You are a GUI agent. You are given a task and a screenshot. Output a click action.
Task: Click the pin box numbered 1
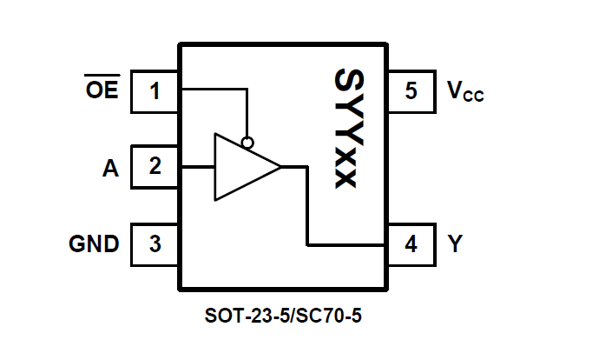(155, 91)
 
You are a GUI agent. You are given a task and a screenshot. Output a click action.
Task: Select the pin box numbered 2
(155, 167)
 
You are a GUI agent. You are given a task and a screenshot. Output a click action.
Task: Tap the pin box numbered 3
(155, 243)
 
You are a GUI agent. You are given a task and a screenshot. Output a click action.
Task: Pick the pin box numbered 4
(411, 244)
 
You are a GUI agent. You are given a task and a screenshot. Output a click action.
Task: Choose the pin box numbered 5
(411, 91)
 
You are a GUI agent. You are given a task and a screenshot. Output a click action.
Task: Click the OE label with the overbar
(102, 90)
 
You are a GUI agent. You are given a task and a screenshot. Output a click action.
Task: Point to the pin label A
(109, 168)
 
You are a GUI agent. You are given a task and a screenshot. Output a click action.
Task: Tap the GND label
(94, 244)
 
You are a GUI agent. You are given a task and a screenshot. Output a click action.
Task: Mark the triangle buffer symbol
(240, 167)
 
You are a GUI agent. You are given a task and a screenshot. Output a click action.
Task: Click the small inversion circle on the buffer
(248, 142)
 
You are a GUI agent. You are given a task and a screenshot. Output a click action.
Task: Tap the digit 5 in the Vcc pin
(411, 91)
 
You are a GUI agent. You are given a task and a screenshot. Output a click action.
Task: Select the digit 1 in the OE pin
(155, 91)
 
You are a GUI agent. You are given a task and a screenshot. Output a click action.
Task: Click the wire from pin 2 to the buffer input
(197, 167)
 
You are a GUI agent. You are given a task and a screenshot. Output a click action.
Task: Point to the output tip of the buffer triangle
(280, 167)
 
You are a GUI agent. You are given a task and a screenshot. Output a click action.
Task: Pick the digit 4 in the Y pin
(411, 244)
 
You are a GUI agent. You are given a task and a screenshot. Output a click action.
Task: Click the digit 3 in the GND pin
(155, 243)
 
